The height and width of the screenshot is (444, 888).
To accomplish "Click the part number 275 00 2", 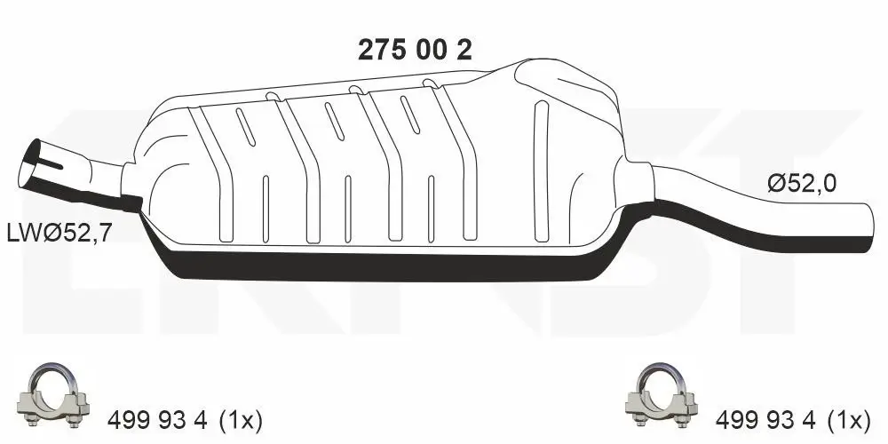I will coord(414,51).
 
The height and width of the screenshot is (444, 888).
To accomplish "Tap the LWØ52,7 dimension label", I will coord(59,234).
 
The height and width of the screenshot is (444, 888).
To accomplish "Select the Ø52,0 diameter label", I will coord(801,185).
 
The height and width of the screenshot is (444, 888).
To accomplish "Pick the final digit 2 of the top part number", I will coord(463,51).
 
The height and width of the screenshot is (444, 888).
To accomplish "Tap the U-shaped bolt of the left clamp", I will coord(56,377).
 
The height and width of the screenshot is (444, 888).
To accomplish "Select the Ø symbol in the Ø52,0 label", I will coord(774,185).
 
